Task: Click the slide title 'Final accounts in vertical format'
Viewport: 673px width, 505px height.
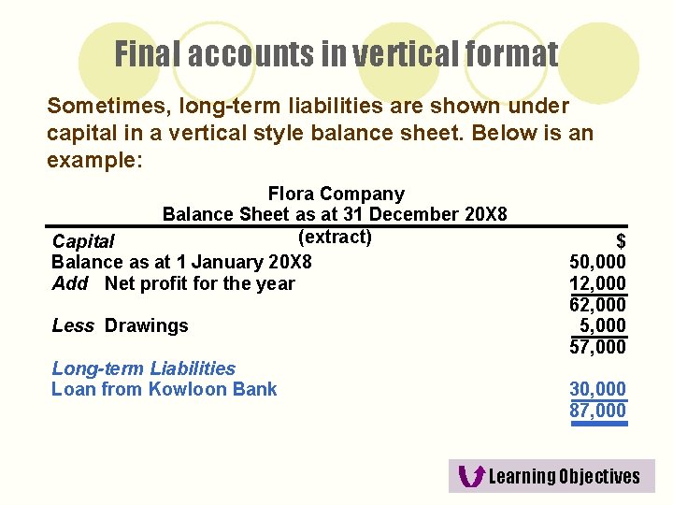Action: [336, 55]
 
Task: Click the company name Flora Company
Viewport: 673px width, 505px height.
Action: [336, 195]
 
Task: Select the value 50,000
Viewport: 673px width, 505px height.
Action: [597, 263]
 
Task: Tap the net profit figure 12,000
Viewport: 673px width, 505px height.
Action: [597, 283]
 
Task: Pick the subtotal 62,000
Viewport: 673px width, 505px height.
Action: [597, 304]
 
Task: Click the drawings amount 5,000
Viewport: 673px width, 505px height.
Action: [602, 325]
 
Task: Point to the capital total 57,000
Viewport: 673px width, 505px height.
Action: [597, 347]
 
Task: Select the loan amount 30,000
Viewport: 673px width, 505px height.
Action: [597, 389]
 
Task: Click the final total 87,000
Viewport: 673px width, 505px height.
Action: [597, 410]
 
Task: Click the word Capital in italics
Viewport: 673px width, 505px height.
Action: [83, 242]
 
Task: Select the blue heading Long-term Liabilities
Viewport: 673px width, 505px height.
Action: [143, 368]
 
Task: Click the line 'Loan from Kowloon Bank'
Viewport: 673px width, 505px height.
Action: [164, 389]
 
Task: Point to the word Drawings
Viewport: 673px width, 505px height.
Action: [147, 325]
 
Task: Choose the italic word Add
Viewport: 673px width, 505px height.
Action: [70, 283]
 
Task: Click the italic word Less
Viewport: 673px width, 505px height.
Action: [73, 325]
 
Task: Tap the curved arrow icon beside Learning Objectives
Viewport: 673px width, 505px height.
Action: [473, 476]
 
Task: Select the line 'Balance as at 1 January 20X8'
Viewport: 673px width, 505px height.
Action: [181, 263]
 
